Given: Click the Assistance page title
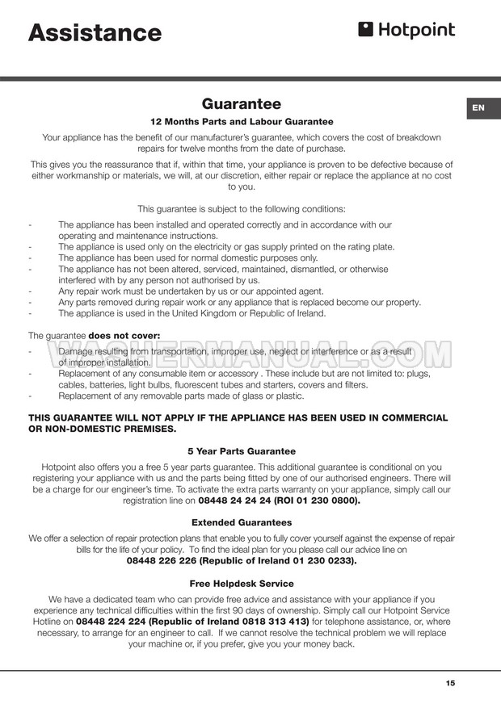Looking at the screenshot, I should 95,32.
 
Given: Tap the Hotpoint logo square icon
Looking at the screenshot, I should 365,30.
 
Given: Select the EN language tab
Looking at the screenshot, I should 478,107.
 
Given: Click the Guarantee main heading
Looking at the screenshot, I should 242,103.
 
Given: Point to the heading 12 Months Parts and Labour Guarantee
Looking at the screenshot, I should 242,122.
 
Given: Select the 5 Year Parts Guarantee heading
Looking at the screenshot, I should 242,451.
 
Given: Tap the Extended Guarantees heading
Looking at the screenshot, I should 242,522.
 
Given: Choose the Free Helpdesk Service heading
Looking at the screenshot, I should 242,583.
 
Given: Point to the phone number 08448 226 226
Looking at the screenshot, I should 163,560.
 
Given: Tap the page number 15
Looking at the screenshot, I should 450,683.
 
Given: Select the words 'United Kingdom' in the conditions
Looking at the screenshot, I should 221,313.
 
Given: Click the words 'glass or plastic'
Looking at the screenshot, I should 267,396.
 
